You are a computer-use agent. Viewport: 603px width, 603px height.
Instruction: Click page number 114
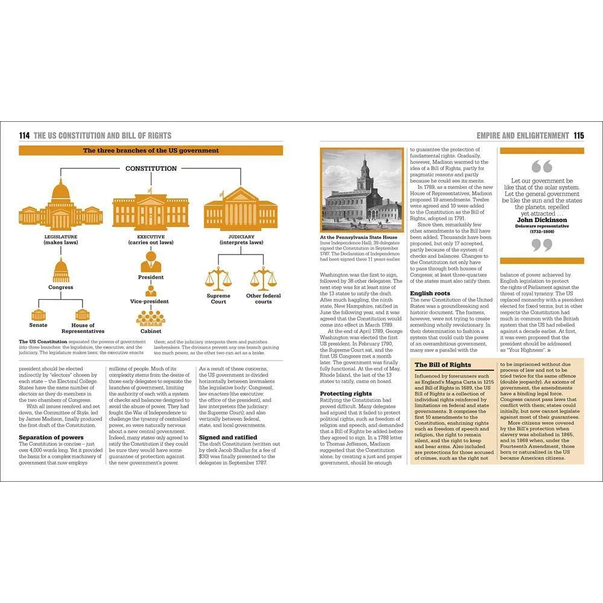tap(25, 136)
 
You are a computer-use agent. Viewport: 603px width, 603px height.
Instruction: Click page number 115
tap(578, 136)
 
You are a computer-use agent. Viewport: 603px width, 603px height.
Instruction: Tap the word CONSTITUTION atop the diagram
tap(151, 168)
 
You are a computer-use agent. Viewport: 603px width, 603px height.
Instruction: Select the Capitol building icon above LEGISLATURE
tap(60, 205)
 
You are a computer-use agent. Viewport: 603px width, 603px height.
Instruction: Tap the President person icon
tap(150, 261)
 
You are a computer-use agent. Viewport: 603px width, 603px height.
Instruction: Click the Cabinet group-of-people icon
tap(150, 317)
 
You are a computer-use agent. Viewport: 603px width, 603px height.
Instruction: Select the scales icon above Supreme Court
tap(218, 279)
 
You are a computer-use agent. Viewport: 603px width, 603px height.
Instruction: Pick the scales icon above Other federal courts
tap(263, 279)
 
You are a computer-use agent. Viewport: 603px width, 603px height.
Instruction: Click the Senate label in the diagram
tap(39, 325)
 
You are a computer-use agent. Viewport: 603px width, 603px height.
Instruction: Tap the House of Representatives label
tap(83, 328)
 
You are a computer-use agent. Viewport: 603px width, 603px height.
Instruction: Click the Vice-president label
tap(150, 301)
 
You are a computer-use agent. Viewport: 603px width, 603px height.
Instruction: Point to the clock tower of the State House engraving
tap(364, 175)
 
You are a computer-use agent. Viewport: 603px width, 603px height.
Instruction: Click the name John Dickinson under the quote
tap(542, 220)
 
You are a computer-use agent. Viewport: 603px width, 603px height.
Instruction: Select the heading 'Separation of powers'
tap(51, 437)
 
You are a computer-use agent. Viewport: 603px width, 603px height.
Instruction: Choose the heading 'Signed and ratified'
tap(228, 437)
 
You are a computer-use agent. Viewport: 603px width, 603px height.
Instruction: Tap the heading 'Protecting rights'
tap(346, 394)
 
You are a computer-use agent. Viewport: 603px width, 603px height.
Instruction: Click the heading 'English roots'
tap(430, 293)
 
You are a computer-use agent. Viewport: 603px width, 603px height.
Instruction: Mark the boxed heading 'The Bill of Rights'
tap(443, 365)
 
